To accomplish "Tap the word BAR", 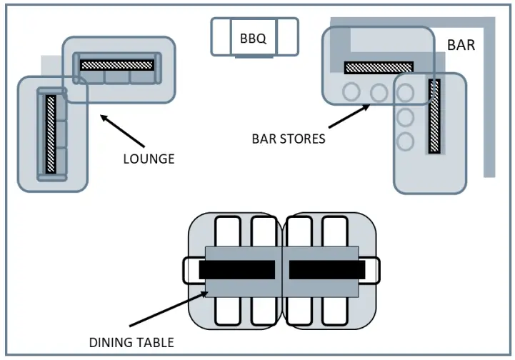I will click(461, 45).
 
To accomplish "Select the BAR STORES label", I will click(289, 139).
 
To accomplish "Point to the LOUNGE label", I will click(149, 159).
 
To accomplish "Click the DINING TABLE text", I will click(131, 342).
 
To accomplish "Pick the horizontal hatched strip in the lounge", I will click(117, 64).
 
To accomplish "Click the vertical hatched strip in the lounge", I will click(51, 134).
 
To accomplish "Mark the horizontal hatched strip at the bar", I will click(378, 68).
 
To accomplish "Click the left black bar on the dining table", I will click(236, 269).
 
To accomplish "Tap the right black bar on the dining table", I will click(327, 269).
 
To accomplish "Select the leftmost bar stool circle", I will click(351, 92).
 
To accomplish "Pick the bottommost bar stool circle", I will click(406, 141).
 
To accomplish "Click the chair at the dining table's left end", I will click(191, 269).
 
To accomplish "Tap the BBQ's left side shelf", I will click(221, 37).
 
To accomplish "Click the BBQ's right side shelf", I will click(286, 37).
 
